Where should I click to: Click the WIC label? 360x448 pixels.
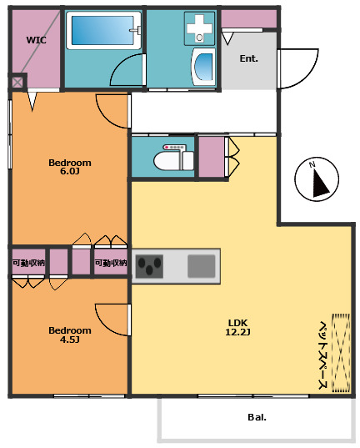click(37, 40)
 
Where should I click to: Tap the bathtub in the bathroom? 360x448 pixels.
click(104, 30)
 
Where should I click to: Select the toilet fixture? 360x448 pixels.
click(173, 158)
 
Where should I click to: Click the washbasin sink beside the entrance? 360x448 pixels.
click(203, 67)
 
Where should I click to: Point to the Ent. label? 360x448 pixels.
click(248, 58)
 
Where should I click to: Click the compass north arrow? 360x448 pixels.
click(320, 183)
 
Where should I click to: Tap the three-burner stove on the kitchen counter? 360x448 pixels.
click(149, 266)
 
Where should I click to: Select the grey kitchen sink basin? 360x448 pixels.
click(202, 266)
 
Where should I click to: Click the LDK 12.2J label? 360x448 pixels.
click(237, 327)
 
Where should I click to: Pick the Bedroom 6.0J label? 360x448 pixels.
click(70, 167)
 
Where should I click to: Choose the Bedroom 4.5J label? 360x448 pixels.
click(70, 335)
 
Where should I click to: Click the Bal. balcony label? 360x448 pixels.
click(257, 417)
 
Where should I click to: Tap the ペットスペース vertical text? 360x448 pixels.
click(322, 355)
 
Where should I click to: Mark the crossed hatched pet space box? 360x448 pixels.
click(341, 353)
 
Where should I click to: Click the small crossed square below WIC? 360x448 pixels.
click(17, 83)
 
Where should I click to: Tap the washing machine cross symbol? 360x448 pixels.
click(199, 28)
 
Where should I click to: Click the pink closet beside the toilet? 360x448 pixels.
click(212, 157)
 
